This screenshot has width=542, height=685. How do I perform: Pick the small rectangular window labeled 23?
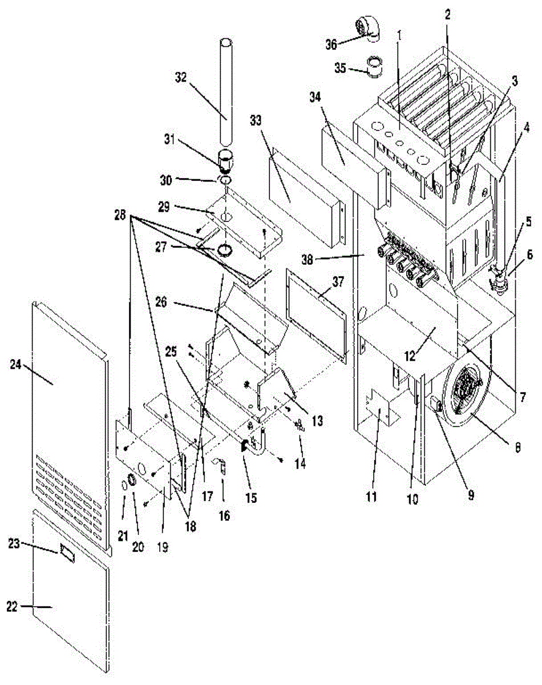tap(67, 554)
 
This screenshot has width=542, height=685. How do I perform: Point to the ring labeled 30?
tap(225, 180)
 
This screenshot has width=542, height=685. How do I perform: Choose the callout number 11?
tap(371, 497)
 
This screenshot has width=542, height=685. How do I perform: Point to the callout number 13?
tap(317, 421)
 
